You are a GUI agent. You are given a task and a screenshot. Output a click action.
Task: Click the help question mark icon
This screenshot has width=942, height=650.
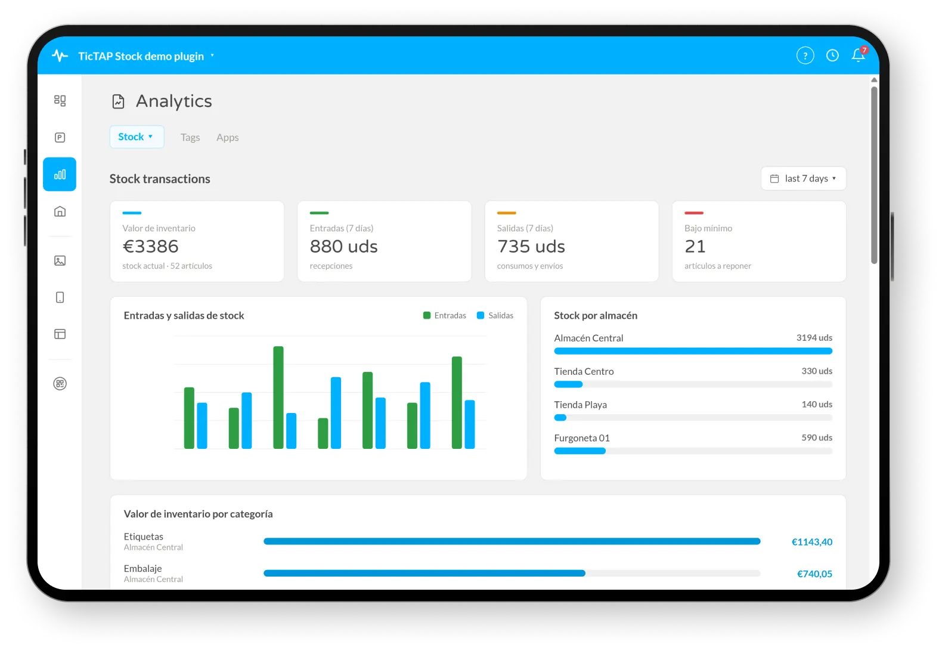[805, 56]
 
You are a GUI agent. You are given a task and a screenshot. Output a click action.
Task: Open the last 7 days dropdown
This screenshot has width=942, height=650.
[803, 178]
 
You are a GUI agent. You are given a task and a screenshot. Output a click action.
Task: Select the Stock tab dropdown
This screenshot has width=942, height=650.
[137, 137]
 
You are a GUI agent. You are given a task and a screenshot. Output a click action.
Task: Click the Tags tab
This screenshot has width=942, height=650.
[190, 137]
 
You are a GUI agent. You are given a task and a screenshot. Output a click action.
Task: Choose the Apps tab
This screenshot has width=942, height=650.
[228, 137]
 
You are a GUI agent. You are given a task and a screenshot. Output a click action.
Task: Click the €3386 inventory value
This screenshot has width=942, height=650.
[151, 247]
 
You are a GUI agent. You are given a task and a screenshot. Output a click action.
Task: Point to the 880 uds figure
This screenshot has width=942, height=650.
[343, 247]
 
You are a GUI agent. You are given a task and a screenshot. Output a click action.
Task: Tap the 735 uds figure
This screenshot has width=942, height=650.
[531, 247]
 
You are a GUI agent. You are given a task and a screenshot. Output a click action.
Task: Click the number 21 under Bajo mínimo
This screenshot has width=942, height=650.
[695, 247]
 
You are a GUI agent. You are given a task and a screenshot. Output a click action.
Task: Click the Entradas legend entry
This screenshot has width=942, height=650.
[445, 315]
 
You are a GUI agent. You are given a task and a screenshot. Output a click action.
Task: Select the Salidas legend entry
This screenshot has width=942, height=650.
[495, 315]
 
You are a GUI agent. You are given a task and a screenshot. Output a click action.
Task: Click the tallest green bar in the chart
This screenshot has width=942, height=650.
[278, 398]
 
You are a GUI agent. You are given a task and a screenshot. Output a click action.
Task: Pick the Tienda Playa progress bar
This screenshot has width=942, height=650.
[693, 418]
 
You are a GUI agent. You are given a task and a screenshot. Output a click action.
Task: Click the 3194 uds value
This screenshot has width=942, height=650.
[814, 338]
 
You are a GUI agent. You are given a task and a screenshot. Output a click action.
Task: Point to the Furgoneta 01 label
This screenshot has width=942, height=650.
[582, 438]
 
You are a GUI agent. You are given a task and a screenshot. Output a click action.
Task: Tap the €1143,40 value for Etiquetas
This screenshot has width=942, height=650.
[811, 542]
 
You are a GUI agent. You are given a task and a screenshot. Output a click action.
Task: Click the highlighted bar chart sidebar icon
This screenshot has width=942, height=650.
[60, 174]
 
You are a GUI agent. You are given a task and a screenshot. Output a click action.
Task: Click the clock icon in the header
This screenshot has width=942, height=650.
[832, 56]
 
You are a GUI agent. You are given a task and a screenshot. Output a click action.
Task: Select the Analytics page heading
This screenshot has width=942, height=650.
[173, 101]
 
